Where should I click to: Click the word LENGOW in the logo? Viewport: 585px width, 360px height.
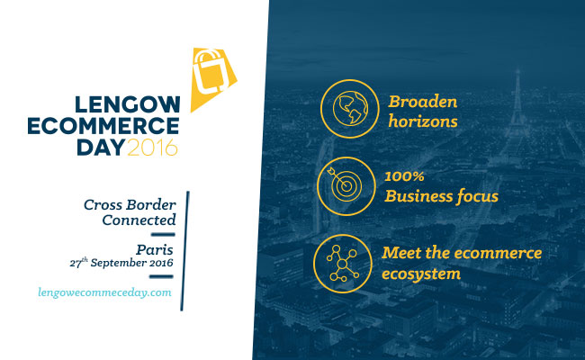coord(128,104)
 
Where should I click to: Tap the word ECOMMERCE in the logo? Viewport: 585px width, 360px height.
coord(103,126)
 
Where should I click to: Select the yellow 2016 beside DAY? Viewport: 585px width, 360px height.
coord(153,148)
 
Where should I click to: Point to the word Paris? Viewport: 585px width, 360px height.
coord(155,249)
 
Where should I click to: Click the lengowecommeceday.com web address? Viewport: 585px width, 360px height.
coord(104,292)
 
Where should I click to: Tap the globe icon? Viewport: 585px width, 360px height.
coord(349,109)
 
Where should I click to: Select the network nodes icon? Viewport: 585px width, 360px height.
coord(343,264)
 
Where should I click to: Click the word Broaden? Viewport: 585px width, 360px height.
coord(423,102)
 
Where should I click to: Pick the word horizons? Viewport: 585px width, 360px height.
coord(423,121)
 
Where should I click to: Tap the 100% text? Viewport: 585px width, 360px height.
coord(404,176)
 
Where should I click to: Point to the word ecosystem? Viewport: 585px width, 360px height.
coord(421,274)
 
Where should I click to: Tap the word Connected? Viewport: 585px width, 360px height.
coord(139,220)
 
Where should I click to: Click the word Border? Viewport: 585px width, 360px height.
coord(150,205)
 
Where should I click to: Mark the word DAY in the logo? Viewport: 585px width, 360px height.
coord(101,148)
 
